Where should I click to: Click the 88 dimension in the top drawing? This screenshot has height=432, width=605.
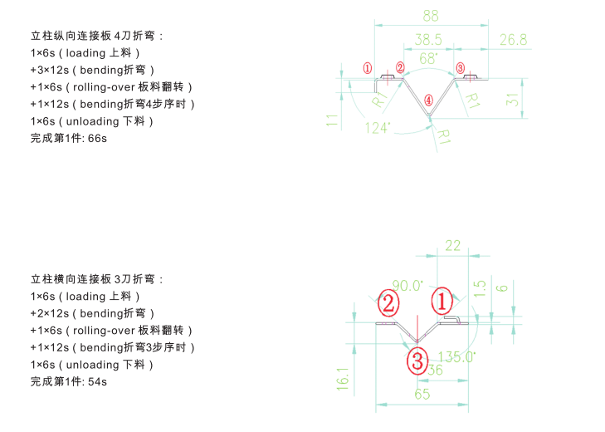click(430, 16)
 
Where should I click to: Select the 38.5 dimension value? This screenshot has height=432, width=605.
click(427, 40)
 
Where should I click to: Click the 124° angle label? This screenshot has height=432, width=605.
click(378, 128)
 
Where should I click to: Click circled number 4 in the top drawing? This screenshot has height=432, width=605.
click(428, 100)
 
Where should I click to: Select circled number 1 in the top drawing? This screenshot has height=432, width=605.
click(367, 67)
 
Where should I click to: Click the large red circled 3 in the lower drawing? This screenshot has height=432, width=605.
click(417, 361)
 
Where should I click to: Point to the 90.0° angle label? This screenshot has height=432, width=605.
click(407, 286)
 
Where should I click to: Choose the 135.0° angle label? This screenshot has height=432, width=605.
click(456, 357)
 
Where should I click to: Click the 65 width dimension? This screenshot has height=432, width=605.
click(422, 395)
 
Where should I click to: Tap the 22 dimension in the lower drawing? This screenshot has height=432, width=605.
click(453, 245)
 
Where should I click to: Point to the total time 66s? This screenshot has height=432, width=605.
click(97, 138)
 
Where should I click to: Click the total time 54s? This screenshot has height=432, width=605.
click(97, 381)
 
